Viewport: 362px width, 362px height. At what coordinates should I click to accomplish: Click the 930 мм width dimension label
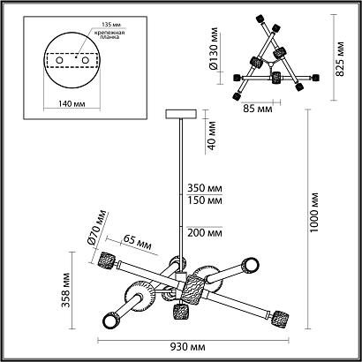coord(188,348)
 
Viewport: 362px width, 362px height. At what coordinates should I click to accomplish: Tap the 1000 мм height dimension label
coord(314,213)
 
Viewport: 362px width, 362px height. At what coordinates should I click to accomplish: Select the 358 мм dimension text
coord(66,290)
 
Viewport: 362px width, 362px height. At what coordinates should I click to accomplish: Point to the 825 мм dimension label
coord(340,59)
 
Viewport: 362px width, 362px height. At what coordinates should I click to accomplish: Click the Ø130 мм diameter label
coord(214,49)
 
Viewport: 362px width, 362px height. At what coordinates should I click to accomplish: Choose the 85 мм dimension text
coord(258,109)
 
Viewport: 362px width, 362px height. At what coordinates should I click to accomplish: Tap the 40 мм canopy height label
coord(212,136)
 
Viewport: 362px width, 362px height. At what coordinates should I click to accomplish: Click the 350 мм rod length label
coord(205,188)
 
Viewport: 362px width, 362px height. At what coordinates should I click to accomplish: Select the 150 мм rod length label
coord(205,200)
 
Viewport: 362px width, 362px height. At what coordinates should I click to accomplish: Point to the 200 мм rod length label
coord(205,233)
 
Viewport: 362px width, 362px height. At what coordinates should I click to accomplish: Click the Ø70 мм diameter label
coord(97,228)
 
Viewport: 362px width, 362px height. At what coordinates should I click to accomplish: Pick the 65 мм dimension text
coord(138,242)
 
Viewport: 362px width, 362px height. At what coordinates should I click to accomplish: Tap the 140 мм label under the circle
coord(72,104)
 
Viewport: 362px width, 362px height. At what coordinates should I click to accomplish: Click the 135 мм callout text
coord(111,25)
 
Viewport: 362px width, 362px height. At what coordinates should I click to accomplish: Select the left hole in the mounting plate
coord(59,60)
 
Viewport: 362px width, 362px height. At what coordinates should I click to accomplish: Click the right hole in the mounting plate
coord(86,60)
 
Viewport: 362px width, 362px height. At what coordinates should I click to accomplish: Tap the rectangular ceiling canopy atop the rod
coord(181,114)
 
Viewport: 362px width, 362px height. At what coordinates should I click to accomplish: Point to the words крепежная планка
coord(109,34)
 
